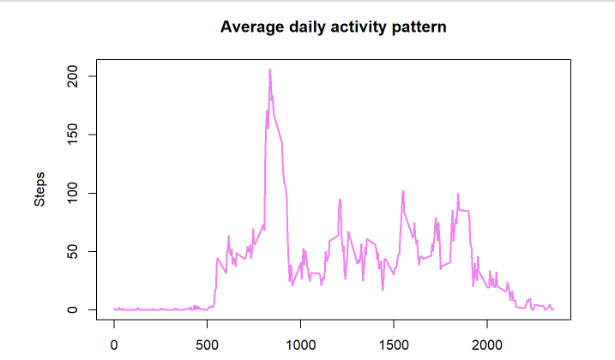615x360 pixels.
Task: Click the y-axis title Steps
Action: click(x=39, y=189)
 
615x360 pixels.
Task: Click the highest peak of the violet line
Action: click(x=269, y=69)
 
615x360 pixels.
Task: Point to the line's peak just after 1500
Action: click(x=403, y=191)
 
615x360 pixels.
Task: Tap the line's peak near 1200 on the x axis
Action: click(x=340, y=200)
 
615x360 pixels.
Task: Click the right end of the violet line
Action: click(x=553, y=309)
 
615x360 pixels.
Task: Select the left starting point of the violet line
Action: click(x=114, y=308)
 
